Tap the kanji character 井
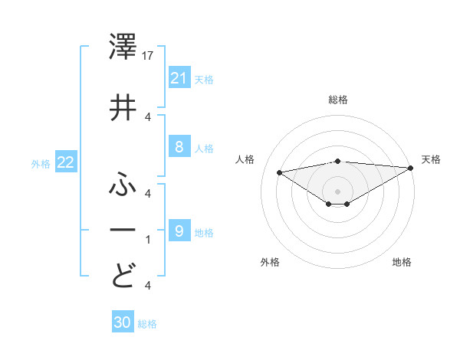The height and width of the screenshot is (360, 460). tap(123, 107)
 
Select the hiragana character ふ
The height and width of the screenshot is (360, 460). tap(123, 184)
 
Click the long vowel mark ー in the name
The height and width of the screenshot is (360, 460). tap(123, 230)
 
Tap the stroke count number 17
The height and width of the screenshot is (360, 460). tap(149, 56)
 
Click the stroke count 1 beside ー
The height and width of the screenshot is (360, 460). tap(147, 240)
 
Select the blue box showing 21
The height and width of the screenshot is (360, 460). tap(179, 78)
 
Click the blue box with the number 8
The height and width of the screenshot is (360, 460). tap(179, 147)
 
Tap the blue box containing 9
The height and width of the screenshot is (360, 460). tap(179, 231)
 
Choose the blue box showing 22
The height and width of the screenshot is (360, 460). tap(65, 162)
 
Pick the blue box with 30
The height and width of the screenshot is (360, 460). tap(123, 323)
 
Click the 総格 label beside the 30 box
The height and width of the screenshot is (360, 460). tap(147, 324)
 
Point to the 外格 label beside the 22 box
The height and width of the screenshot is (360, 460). tap(41, 163)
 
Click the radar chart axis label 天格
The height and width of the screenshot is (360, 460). tap(431, 159)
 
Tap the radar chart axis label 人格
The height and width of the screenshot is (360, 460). tap(245, 159)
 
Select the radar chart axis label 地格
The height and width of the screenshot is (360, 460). tap(402, 262)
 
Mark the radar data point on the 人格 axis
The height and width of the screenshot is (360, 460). tap(279, 172)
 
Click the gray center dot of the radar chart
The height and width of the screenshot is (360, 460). tap(337, 191)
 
